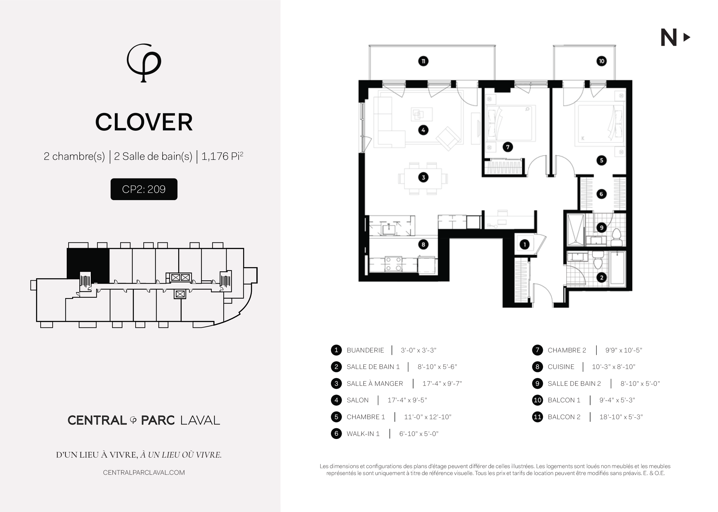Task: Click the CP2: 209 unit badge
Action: pos(144,189)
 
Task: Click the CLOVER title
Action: pos(144,122)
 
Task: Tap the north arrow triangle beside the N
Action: pos(686,38)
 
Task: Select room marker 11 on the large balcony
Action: pos(423,61)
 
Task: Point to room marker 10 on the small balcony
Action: pos(601,61)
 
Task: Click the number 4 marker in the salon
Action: pos(423,130)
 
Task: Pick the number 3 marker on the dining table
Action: pos(423,178)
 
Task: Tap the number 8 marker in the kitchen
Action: pos(423,244)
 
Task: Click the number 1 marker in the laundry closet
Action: pos(525,244)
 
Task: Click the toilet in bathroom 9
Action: pos(616,237)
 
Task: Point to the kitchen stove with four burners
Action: pos(393,264)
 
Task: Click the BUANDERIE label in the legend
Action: pos(365,350)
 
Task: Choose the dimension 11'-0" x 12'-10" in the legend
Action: pos(428,417)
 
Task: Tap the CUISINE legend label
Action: pos(561,367)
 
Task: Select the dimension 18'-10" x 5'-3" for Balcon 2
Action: pos(621,417)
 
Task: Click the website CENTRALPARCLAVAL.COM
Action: pos(144,473)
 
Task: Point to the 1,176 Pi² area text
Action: pos(222,156)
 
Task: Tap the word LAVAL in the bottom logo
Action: pos(200,420)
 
